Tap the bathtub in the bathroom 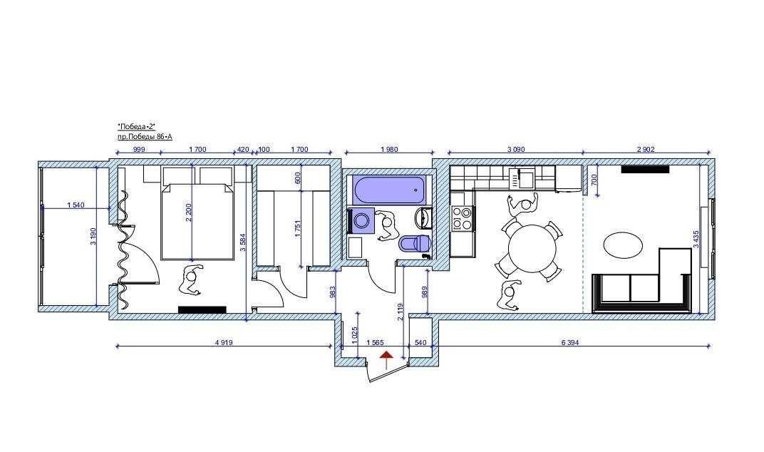(x=390, y=190)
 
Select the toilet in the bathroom (x=415, y=243)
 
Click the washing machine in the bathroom (x=361, y=221)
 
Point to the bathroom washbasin (x=424, y=218)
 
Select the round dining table (x=532, y=249)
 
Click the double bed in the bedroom (x=197, y=220)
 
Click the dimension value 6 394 (x=569, y=342)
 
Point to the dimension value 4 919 (x=224, y=342)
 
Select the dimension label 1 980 (x=388, y=150)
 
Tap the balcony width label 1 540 (x=76, y=205)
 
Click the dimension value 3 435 (x=696, y=239)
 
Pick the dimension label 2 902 (x=646, y=150)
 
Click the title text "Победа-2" (x=136, y=126)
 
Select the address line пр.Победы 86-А (x=145, y=137)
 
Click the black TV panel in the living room (x=645, y=169)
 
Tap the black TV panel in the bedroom (x=202, y=309)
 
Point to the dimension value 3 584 (x=242, y=242)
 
